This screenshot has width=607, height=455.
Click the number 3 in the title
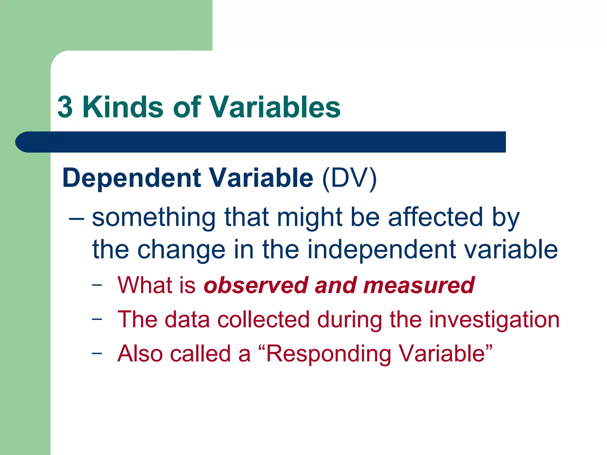tap(65, 107)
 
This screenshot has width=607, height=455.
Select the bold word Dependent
tap(132, 178)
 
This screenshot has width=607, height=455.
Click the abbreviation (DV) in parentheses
tap(349, 178)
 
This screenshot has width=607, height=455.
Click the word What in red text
tap(144, 285)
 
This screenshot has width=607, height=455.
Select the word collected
tap(263, 320)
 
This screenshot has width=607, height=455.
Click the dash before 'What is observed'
tap(97, 285)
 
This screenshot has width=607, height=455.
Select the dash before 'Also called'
tap(97, 353)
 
